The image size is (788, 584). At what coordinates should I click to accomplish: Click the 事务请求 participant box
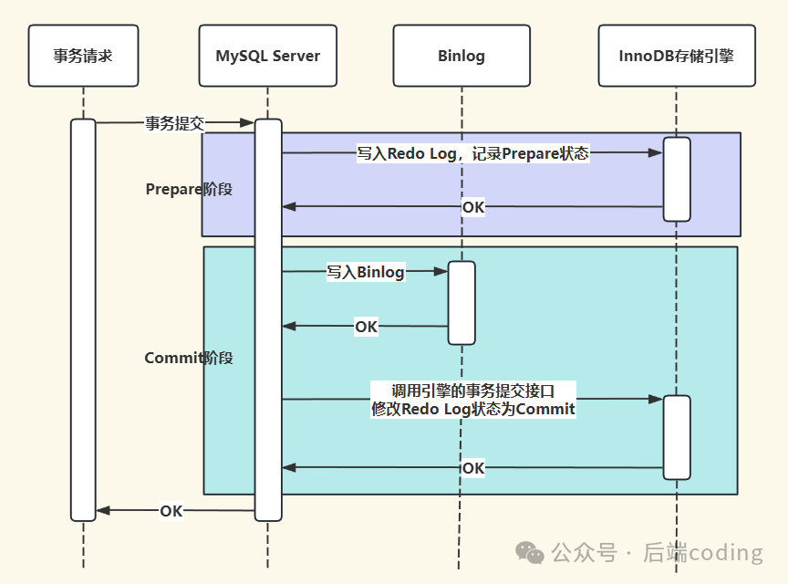point(83,56)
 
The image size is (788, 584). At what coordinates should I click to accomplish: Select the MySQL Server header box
point(268,56)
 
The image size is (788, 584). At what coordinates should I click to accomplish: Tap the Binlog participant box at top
point(461,56)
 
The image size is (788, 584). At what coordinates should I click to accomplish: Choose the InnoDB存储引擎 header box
point(677,56)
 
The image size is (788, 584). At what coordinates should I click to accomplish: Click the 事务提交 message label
point(174,123)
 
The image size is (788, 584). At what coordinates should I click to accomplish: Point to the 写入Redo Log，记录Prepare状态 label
point(472,153)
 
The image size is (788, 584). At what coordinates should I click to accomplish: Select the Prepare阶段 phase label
point(189,189)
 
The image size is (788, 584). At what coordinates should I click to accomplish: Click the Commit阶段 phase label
point(189,358)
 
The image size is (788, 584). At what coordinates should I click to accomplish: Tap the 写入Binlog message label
point(366,271)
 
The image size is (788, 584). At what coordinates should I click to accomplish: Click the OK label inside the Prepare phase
point(473,207)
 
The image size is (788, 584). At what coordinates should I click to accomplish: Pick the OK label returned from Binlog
point(366,326)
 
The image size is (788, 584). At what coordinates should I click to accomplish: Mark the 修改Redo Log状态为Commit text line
point(472,410)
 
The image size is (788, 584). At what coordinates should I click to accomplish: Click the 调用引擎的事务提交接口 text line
point(472,391)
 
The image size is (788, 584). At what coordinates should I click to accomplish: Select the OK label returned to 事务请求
point(171,511)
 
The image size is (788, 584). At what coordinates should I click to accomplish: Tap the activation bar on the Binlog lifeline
point(461,303)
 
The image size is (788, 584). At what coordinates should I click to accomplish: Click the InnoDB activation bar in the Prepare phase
point(677,179)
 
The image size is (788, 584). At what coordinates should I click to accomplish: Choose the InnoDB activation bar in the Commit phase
point(677,437)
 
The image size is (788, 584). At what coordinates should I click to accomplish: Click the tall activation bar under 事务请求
point(83,319)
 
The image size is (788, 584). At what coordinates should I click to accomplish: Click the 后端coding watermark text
point(702,553)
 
